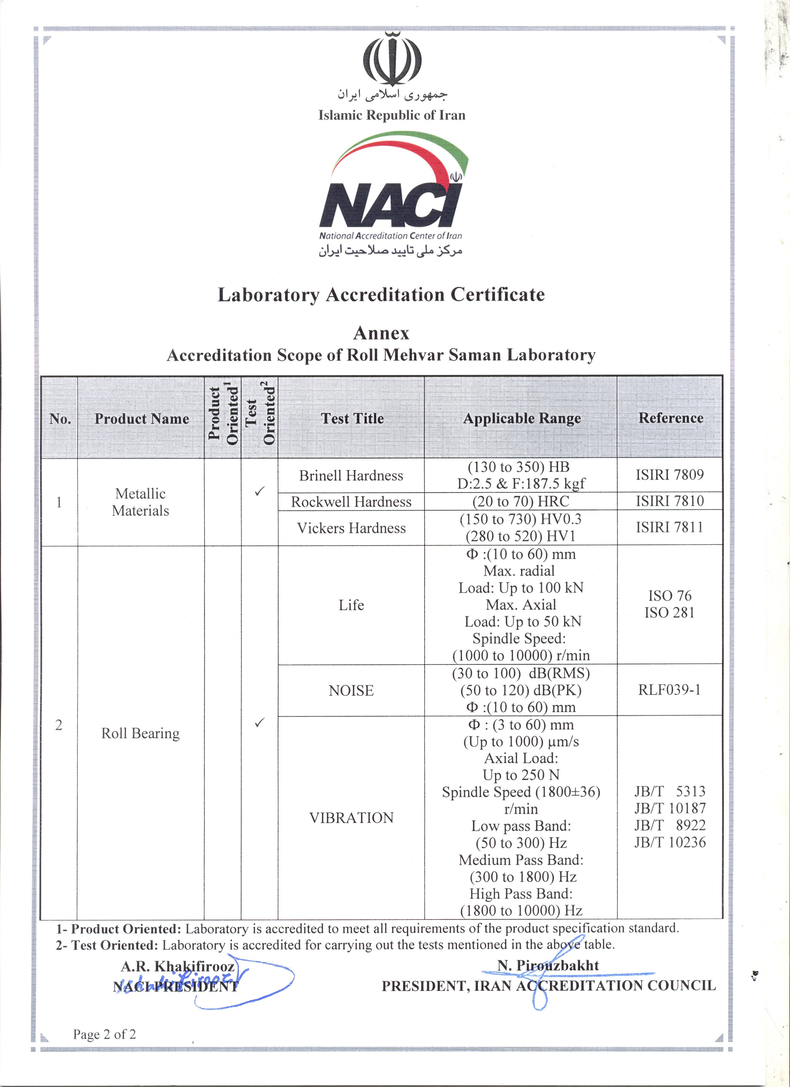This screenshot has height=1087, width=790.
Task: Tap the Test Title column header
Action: point(352,418)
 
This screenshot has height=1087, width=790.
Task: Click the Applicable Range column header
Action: point(521,418)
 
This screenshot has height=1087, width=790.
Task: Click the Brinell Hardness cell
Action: point(351,475)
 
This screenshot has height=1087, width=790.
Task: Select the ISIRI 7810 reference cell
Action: point(670,501)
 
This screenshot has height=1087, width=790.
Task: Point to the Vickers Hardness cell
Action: point(351,528)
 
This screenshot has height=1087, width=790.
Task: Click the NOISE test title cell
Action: point(351,690)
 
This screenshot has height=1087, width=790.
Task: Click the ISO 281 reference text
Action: point(670,613)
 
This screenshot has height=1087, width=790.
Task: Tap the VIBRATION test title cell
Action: point(351,818)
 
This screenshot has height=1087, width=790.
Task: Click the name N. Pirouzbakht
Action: point(548,965)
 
